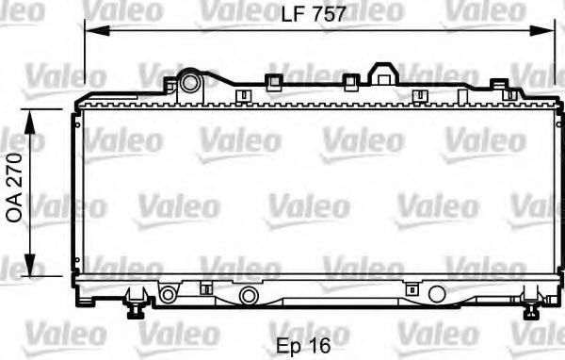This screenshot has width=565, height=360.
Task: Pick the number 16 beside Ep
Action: tap(320, 345)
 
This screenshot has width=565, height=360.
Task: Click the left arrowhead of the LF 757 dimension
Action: tap(90, 31)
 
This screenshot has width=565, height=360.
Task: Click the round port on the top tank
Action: tap(191, 82)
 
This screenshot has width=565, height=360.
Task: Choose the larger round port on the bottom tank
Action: tap(248, 296)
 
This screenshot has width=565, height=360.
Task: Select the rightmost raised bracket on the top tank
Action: tap(499, 86)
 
